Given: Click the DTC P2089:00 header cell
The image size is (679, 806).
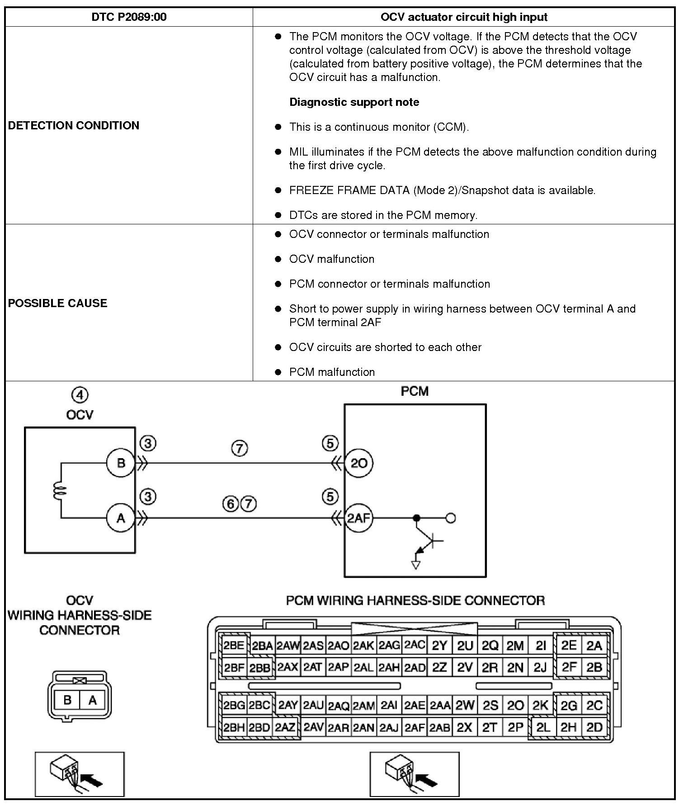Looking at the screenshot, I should [x=129, y=17].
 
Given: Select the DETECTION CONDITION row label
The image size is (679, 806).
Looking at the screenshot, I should [x=74, y=125].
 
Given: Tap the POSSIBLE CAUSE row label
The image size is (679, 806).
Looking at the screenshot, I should [x=58, y=303].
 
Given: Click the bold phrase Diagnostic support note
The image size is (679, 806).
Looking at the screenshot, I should [x=354, y=102].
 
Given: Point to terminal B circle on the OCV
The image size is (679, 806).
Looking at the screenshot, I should [x=121, y=463].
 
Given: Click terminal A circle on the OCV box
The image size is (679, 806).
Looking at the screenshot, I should [x=121, y=518].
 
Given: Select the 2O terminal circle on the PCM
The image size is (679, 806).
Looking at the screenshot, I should [x=358, y=463].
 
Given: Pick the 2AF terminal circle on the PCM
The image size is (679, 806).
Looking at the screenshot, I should [x=358, y=518].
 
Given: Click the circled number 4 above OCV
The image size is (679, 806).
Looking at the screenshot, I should [x=80, y=395].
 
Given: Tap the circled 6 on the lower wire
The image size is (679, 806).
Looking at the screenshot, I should [x=231, y=503].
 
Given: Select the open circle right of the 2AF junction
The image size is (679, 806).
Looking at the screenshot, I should [x=451, y=518].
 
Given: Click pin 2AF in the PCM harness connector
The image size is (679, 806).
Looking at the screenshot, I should [x=414, y=727].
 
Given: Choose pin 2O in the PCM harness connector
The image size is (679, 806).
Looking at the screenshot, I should [x=515, y=705].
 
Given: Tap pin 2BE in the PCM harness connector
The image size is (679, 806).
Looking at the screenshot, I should [x=234, y=645].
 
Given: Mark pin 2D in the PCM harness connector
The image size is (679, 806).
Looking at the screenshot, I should [x=594, y=727].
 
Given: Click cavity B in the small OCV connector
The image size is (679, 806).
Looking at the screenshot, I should [x=67, y=700].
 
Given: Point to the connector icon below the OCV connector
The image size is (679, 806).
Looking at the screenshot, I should [x=80, y=774].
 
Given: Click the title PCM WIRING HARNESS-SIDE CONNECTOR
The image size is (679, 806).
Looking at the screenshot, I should [x=415, y=601].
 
